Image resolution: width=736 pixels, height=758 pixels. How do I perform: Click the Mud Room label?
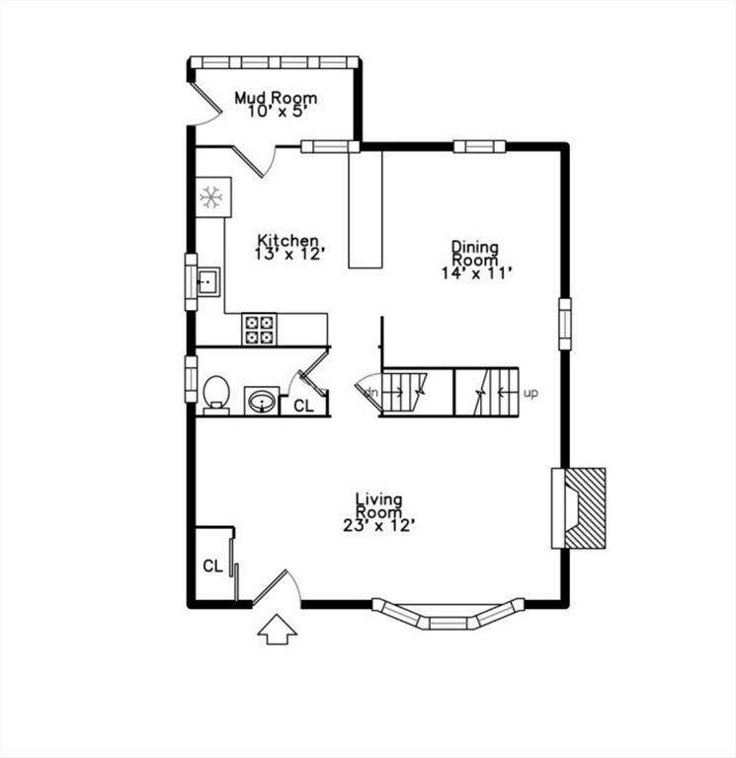[276, 98]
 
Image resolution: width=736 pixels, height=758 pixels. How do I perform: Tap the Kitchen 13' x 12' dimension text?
[289, 255]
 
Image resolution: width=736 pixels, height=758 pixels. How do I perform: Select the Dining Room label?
[475, 253]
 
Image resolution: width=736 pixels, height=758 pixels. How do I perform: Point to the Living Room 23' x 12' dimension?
[378, 526]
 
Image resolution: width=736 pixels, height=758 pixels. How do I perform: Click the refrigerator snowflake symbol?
[210, 198]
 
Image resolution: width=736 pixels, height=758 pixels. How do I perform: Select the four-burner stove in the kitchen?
[260, 329]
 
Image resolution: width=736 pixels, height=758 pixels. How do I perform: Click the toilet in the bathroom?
[214, 394]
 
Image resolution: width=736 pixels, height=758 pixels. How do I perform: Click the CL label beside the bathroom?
[303, 405]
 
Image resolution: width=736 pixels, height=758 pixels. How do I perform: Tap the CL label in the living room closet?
[212, 567]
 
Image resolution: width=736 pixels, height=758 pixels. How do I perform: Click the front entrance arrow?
[278, 629]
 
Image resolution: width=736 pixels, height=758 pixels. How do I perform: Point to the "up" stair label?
[531, 393]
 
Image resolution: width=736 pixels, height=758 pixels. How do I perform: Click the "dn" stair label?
[370, 392]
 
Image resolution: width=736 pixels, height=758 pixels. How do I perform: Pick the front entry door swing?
[276, 588]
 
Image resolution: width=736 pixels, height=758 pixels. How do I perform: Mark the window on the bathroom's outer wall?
[191, 379]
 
